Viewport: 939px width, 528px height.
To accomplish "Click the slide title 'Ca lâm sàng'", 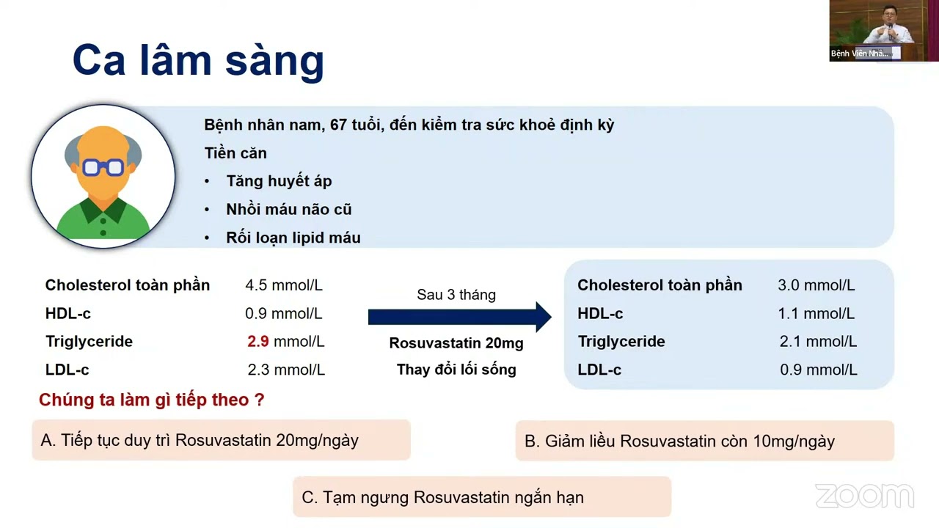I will tap(198, 60).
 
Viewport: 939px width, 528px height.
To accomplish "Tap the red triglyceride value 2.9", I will tap(258, 342).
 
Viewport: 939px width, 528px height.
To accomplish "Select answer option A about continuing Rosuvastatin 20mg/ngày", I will tap(221, 440).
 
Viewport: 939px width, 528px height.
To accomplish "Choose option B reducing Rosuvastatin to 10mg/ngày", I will tap(704, 441).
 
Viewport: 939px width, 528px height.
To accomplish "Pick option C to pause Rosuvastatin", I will tap(481, 497).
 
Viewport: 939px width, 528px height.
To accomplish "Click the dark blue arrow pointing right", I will tap(459, 317).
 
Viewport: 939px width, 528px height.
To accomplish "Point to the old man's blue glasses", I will tap(103, 168).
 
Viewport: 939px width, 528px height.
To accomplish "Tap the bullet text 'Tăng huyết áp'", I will tap(279, 181).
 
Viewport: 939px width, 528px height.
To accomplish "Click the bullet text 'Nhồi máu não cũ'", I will tap(288, 210).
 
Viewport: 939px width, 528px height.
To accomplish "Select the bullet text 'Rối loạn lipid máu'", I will tap(293, 238).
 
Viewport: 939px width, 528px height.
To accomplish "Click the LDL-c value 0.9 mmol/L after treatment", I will tap(818, 370).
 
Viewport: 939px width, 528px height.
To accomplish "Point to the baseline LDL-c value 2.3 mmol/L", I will tap(286, 370).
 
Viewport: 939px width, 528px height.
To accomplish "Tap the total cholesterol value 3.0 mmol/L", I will tap(816, 285).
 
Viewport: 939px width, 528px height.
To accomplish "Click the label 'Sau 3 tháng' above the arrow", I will tap(456, 295).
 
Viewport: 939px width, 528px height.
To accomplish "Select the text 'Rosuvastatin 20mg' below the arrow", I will tap(456, 343).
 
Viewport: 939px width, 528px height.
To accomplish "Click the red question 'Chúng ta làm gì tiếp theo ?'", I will tap(151, 400).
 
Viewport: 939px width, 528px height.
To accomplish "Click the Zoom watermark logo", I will tap(864, 496).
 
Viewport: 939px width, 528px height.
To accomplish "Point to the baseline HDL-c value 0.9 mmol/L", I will tap(283, 314).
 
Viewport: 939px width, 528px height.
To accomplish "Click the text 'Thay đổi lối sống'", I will tap(456, 370).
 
